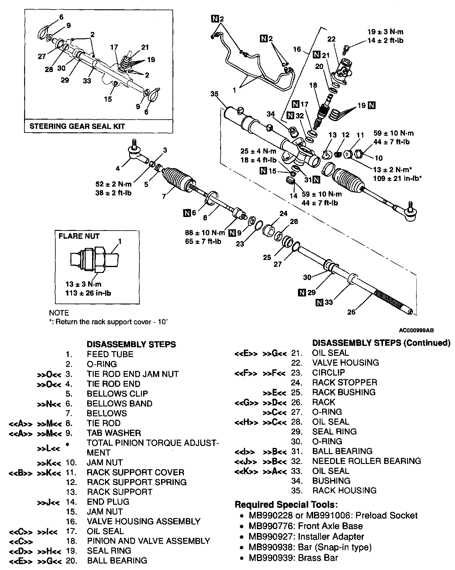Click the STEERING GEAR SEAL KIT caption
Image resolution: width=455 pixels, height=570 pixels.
[77, 126]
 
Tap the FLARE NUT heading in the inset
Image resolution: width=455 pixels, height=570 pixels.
[79, 236]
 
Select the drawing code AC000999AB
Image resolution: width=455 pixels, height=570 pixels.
[416, 330]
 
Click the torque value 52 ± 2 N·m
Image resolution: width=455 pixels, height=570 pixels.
[113, 184]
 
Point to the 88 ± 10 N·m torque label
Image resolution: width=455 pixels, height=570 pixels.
[205, 232]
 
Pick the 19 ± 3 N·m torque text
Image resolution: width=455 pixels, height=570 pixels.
[385, 32]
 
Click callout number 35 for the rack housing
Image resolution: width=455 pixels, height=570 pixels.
[214, 94]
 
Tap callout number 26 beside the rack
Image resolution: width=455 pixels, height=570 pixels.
[351, 312]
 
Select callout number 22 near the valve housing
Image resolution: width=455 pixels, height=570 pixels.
[331, 39]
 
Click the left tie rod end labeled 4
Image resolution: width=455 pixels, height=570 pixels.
[136, 153]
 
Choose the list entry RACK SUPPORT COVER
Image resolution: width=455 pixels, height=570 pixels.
[135, 472]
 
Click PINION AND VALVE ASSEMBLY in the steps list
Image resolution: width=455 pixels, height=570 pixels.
[148, 541]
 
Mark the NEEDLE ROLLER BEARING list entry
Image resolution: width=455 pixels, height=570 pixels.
[366, 461]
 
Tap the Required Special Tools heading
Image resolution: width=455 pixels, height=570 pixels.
[286, 505]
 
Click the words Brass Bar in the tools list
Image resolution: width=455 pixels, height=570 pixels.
[321, 558]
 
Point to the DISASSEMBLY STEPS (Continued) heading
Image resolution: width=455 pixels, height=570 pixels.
[381, 343]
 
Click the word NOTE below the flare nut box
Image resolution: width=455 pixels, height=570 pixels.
[59, 313]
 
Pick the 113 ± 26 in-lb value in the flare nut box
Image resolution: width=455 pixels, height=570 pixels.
[88, 293]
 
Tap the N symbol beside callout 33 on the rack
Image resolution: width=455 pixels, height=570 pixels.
[319, 302]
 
